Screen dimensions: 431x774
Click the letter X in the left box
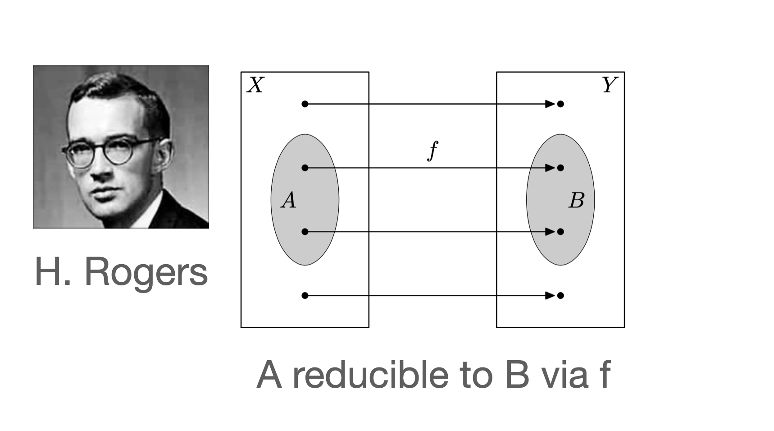[255, 85]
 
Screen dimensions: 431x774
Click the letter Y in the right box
[610, 85]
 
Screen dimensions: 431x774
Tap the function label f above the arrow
[433, 151]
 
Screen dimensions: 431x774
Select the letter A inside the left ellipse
[289, 200]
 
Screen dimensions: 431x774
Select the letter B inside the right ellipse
[576, 200]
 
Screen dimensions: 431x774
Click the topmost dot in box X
[305, 104]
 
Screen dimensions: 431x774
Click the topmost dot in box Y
[560, 104]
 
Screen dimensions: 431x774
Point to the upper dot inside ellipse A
[305, 168]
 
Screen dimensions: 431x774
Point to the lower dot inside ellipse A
[305, 232]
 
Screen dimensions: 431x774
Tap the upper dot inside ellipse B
[560, 168]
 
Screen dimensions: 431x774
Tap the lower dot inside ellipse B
[560, 232]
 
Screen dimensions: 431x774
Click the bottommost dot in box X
[305, 296]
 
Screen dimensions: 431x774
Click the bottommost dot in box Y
[560, 296]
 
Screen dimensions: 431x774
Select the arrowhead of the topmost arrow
[550, 104]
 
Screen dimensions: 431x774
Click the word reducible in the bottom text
[370, 375]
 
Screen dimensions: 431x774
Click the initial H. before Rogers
[52, 272]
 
